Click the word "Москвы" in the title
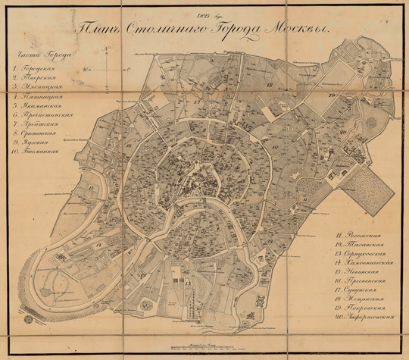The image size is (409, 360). pyautogui.click(x=292, y=29)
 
